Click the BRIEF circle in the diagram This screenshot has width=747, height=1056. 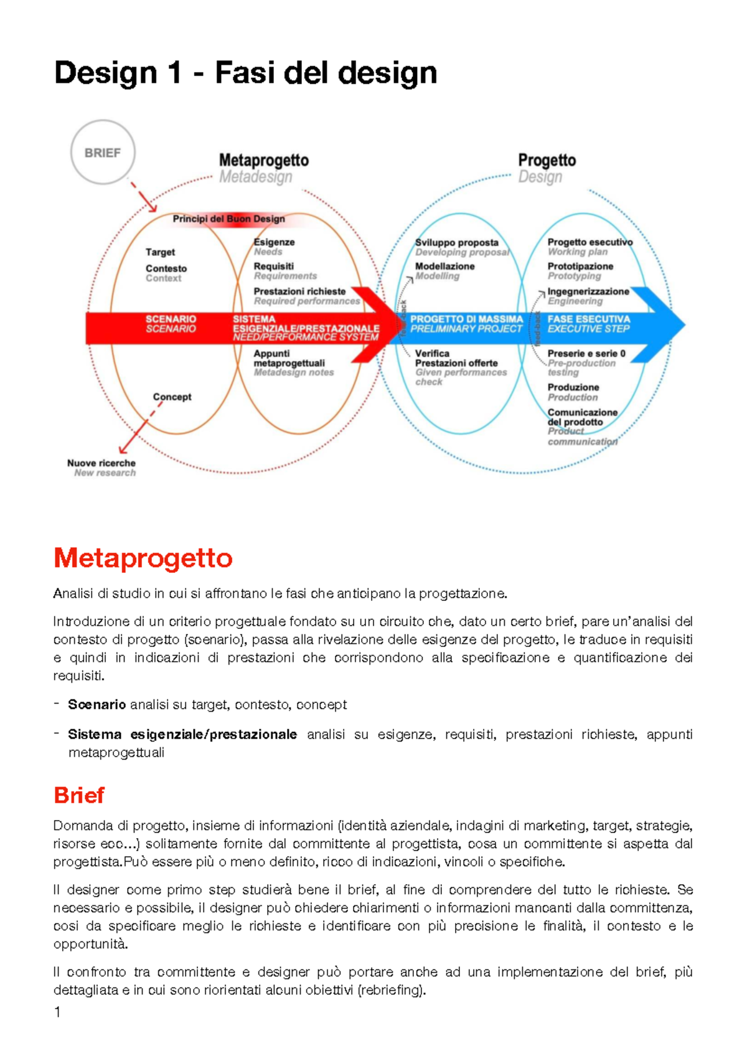tap(103, 153)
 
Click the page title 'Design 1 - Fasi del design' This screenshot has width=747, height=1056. tap(245, 73)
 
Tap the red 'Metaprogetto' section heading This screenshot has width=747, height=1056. tap(143, 558)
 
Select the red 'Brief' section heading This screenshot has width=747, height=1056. tap(78, 795)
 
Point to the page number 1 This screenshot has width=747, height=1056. tap(57, 1012)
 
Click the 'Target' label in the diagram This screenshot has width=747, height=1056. tap(160, 252)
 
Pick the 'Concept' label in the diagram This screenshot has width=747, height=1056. tap(172, 397)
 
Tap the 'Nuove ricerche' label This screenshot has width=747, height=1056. tap(101, 463)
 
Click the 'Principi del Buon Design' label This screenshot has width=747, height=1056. tap(228, 219)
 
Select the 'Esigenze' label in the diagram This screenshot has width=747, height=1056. tap(274, 242)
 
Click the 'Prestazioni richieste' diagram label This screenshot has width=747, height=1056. tap(299, 291)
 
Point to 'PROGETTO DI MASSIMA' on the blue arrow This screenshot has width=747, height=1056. tap(466, 319)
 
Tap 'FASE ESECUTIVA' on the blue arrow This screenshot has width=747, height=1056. tap(588, 319)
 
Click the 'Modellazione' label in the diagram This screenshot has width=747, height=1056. tap(444, 266)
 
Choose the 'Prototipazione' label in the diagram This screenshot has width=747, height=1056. tap(580, 266)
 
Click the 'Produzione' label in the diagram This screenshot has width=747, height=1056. tap(573, 387)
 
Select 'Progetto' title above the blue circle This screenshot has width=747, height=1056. tap(547, 161)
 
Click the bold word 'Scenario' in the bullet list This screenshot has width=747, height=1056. tap(97, 705)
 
